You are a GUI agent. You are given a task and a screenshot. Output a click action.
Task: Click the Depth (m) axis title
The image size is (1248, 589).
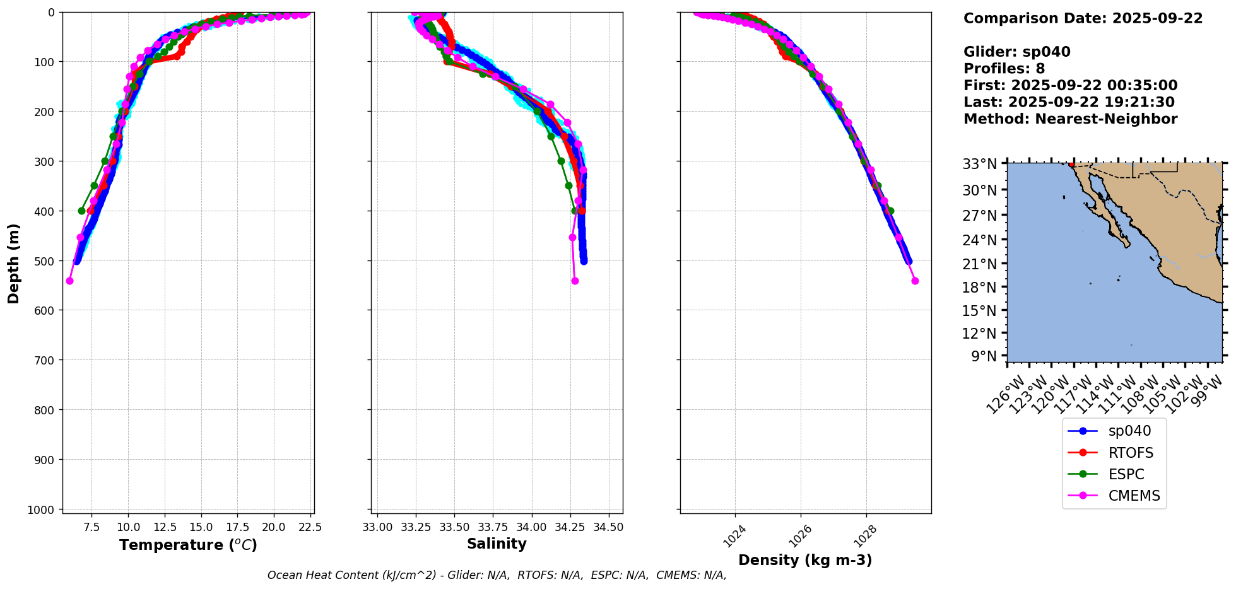tap(13, 263)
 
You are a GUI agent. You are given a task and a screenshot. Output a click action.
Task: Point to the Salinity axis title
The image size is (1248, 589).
tap(497, 544)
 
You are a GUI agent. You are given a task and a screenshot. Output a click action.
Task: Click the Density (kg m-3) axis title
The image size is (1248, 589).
tap(805, 560)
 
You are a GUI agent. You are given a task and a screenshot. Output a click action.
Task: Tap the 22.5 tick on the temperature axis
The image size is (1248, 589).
tap(309, 527)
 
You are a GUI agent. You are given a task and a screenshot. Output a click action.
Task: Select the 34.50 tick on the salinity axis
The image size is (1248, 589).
tap(608, 527)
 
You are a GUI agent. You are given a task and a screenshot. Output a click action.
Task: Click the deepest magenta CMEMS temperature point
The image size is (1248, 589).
tap(69, 281)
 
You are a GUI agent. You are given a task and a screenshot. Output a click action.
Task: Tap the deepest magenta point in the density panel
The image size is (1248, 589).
tap(915, 281)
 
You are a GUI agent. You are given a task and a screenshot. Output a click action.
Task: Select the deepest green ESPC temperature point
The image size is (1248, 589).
tap(81, 211)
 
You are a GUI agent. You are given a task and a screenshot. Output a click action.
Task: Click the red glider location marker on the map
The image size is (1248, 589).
tap(1071, 164)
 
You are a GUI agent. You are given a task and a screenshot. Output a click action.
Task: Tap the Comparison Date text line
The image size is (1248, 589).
tap(1083, 18)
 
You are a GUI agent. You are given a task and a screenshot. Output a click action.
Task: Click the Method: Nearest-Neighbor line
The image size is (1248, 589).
tap(1070, 119)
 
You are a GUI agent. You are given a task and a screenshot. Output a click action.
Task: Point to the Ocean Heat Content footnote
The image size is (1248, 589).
tap(497, 575)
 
